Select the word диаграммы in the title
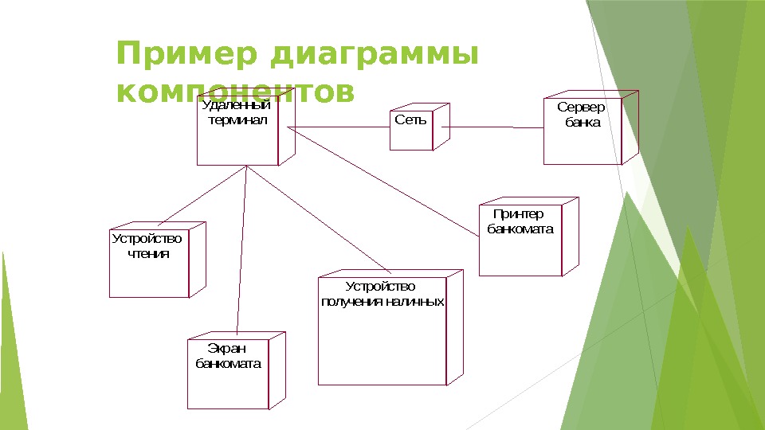click(375, 56)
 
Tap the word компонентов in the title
click(235, 92)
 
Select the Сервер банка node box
click(582, 131)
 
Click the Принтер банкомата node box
click(520, 239)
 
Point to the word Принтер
click(518, 214)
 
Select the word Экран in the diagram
click(227, 348)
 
